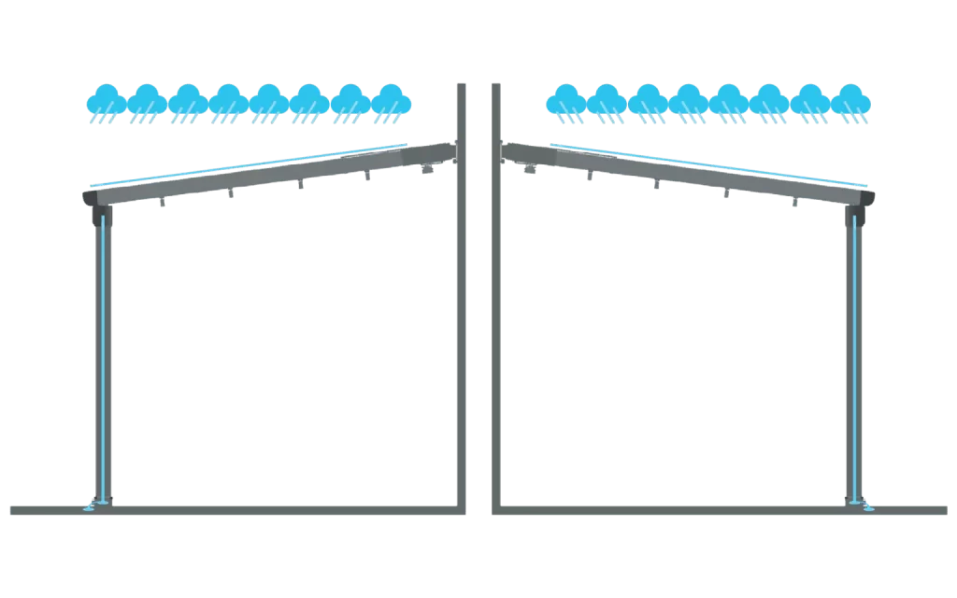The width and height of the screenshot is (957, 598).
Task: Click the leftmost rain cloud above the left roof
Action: (106, 103)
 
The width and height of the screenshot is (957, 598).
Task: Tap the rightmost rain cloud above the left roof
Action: (393, 103)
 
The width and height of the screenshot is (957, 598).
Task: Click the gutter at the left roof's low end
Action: (98, 199)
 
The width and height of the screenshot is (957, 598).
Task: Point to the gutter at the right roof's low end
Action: (859, 199)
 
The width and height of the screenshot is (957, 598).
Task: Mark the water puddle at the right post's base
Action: (865, 509)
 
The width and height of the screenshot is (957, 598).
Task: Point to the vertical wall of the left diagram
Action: (461, 327)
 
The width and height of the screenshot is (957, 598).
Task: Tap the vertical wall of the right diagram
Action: (496, 327)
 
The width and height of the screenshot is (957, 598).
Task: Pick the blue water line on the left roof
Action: (243, 165)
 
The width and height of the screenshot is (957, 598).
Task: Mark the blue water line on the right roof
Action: (710, 164)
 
